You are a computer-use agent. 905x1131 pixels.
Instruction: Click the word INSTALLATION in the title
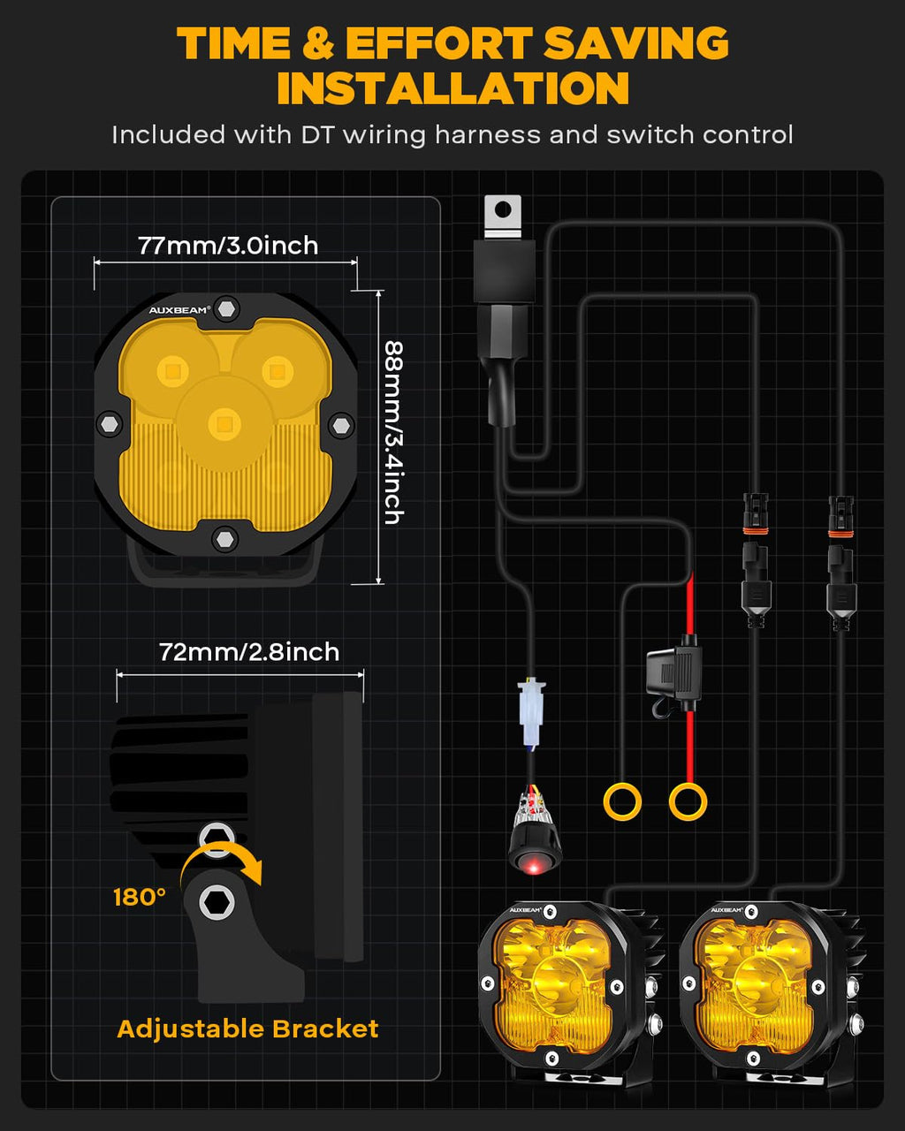(452, 87)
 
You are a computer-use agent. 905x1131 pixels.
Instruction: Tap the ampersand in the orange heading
(319, 42)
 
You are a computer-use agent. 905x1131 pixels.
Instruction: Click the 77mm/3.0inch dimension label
(228, 246)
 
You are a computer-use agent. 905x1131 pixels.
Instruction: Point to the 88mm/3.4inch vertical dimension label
(393, 433)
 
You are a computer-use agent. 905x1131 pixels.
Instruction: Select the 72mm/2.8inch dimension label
(249, 652)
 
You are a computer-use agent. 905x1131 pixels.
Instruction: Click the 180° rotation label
(140, 897)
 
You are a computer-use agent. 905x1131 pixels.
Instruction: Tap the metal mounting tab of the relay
(503, 216)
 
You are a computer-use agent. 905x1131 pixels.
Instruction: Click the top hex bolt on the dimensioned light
(226, 308)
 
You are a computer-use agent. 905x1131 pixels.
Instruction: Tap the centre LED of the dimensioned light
(224, 423)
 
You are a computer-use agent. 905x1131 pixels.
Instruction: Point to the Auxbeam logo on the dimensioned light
(179, 310)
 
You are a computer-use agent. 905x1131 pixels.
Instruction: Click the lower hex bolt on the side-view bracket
(217, 903)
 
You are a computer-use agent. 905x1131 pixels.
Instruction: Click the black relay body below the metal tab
(504, 271)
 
